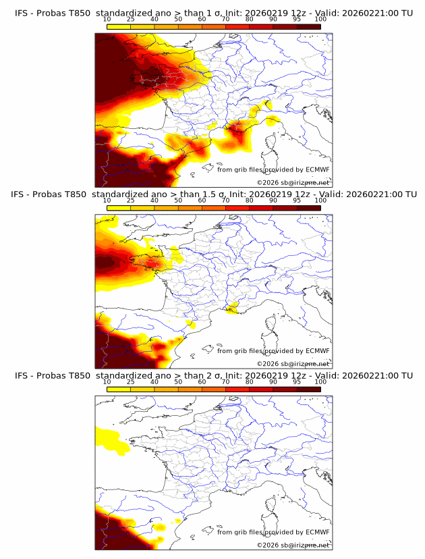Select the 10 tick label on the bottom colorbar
[x=107, y=381]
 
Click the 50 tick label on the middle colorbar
[x=178, y=201]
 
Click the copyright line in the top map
[x=293, y=183]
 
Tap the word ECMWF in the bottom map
[x=317, y=532]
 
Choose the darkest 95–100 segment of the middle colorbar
[x=309, y=208]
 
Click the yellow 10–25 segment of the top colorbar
[x=119, y=26]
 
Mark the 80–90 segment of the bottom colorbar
[x=262, y=389]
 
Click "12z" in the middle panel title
[x=308, y=194]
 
